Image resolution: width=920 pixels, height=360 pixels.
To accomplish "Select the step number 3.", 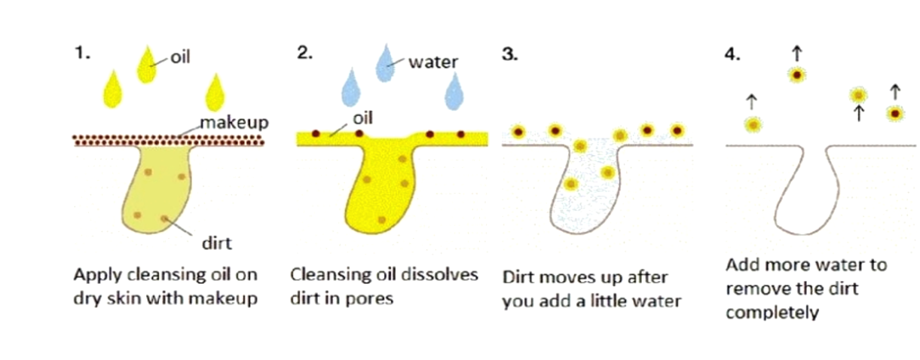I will (509, 56).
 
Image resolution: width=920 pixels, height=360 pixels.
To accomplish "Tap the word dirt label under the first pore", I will (215, 243).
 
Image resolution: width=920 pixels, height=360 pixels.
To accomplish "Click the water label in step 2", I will (432, 62).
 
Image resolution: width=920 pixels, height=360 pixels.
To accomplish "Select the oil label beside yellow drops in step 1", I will (179, 57).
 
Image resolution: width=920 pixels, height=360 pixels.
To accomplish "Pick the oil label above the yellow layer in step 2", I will (362, 118).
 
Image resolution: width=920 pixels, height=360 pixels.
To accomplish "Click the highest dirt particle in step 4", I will (797, 74).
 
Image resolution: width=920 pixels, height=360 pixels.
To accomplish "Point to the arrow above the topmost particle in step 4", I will (797, 51).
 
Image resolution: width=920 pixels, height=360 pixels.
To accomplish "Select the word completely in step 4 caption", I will (772, 312).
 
